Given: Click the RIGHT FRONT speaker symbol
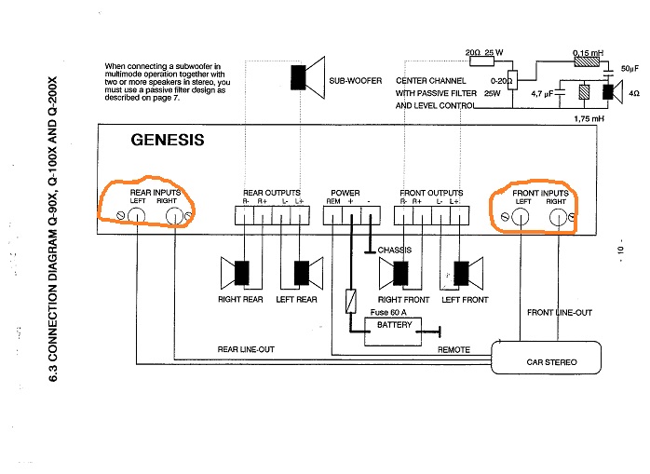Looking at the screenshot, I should pyautogui.click(x=399, y=272).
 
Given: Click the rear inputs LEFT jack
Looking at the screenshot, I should pyautogui.click(x=136, y=218).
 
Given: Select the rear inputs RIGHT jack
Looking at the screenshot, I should pyautogui.click(x=173, y=218).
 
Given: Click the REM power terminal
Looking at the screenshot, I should pyautogui.click(x=332, y=216).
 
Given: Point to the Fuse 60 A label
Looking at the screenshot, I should pyautogui.click(x=392, y=312).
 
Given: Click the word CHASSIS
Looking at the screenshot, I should pyautogui.click(x=395, y=250).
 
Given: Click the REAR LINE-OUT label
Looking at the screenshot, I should pyautogui.click(x=246, y=349).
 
